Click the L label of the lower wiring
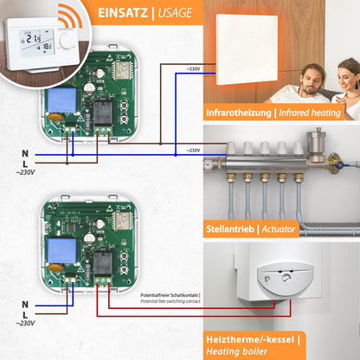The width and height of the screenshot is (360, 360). point(24,313)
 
